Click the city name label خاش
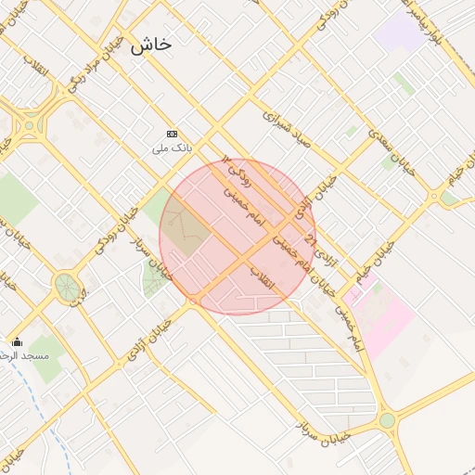151,45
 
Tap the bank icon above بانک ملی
171,134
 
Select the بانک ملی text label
172,148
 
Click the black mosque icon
16,341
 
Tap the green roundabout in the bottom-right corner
387,420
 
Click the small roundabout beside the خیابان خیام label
433,196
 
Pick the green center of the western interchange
32,122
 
